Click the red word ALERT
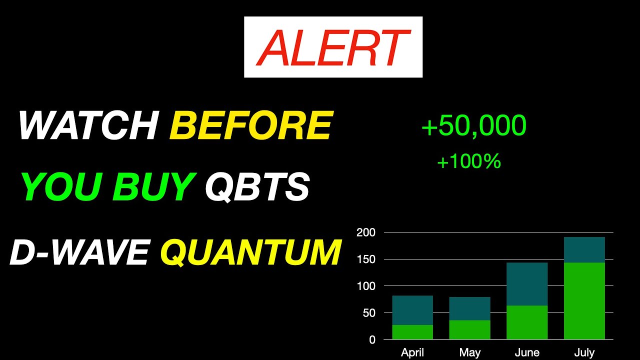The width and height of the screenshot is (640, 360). [333, 47]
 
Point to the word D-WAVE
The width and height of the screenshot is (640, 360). [79, 252]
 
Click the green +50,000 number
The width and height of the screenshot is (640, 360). [473, 125]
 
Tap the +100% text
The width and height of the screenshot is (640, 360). [468, 161]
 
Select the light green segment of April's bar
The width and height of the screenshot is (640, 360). [412, 332]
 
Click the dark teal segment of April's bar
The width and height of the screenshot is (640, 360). [412, 310]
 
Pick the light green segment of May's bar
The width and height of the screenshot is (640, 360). [469, 329]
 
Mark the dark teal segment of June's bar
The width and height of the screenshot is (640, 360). [527, 283]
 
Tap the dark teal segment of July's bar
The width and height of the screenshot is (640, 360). [584, 249]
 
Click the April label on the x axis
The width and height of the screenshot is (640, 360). [412, 352]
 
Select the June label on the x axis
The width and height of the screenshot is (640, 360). [527, 352]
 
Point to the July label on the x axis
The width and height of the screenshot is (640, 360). [584, 352]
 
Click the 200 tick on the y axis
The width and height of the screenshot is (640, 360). [365, 232]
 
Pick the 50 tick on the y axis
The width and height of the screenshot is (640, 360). [368, 313]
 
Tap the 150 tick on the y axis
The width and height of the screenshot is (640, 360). [365, 259]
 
